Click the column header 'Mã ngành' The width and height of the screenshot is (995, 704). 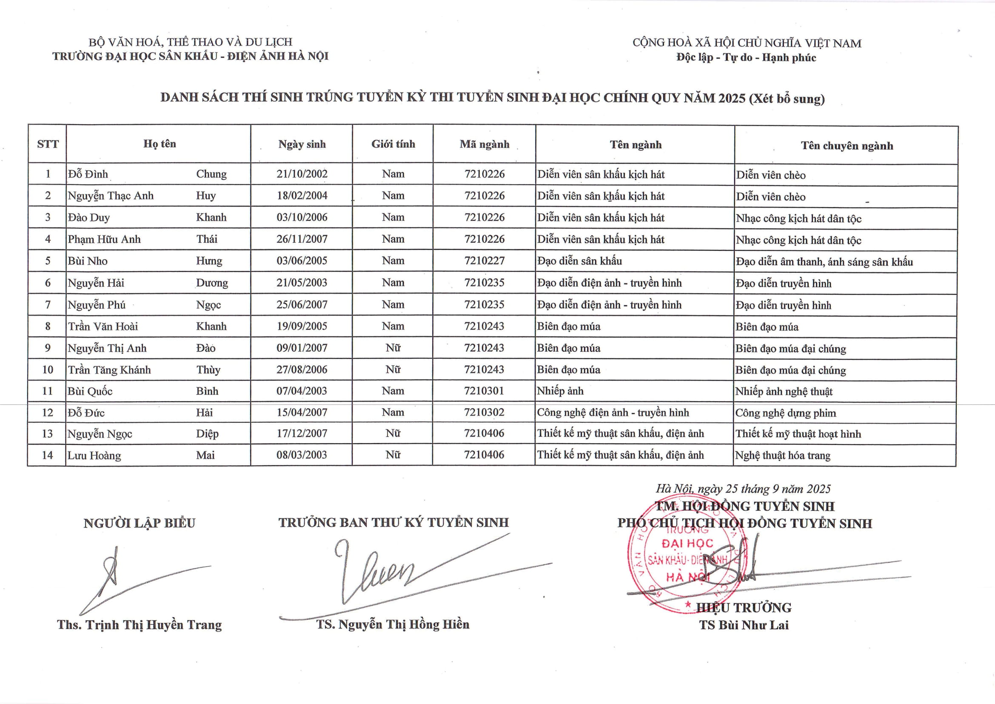click(x=484, y=144)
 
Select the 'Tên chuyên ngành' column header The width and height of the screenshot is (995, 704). click(x=847, y=146)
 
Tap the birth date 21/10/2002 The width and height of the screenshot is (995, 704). click(x=302, y=174)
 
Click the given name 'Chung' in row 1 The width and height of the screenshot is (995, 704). click(x=211, y=174)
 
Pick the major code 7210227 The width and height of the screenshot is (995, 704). click(x=484, y=260)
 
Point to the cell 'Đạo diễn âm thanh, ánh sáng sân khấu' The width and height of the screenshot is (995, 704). click(x=824, y=262)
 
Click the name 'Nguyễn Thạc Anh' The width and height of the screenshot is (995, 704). click(x=111, y=195)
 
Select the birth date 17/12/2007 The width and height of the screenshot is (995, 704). click(x=302, y=433)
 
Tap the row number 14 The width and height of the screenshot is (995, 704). click(x=47, y=455)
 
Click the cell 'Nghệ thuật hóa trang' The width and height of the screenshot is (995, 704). click(x=783, y=455)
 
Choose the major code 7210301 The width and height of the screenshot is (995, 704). click(x=484, y=391)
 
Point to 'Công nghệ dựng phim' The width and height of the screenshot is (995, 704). click(x=785, y=413)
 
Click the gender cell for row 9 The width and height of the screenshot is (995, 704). click(x=393, y=348)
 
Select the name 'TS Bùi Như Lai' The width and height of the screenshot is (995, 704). click(x=744, y=625)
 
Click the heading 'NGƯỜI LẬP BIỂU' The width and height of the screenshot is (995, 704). click(x=139, y=523)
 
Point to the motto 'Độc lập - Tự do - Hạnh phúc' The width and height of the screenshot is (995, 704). click(x=746, y=57)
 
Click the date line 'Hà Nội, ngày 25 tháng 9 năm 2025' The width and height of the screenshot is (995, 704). click(x=743, y=489)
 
